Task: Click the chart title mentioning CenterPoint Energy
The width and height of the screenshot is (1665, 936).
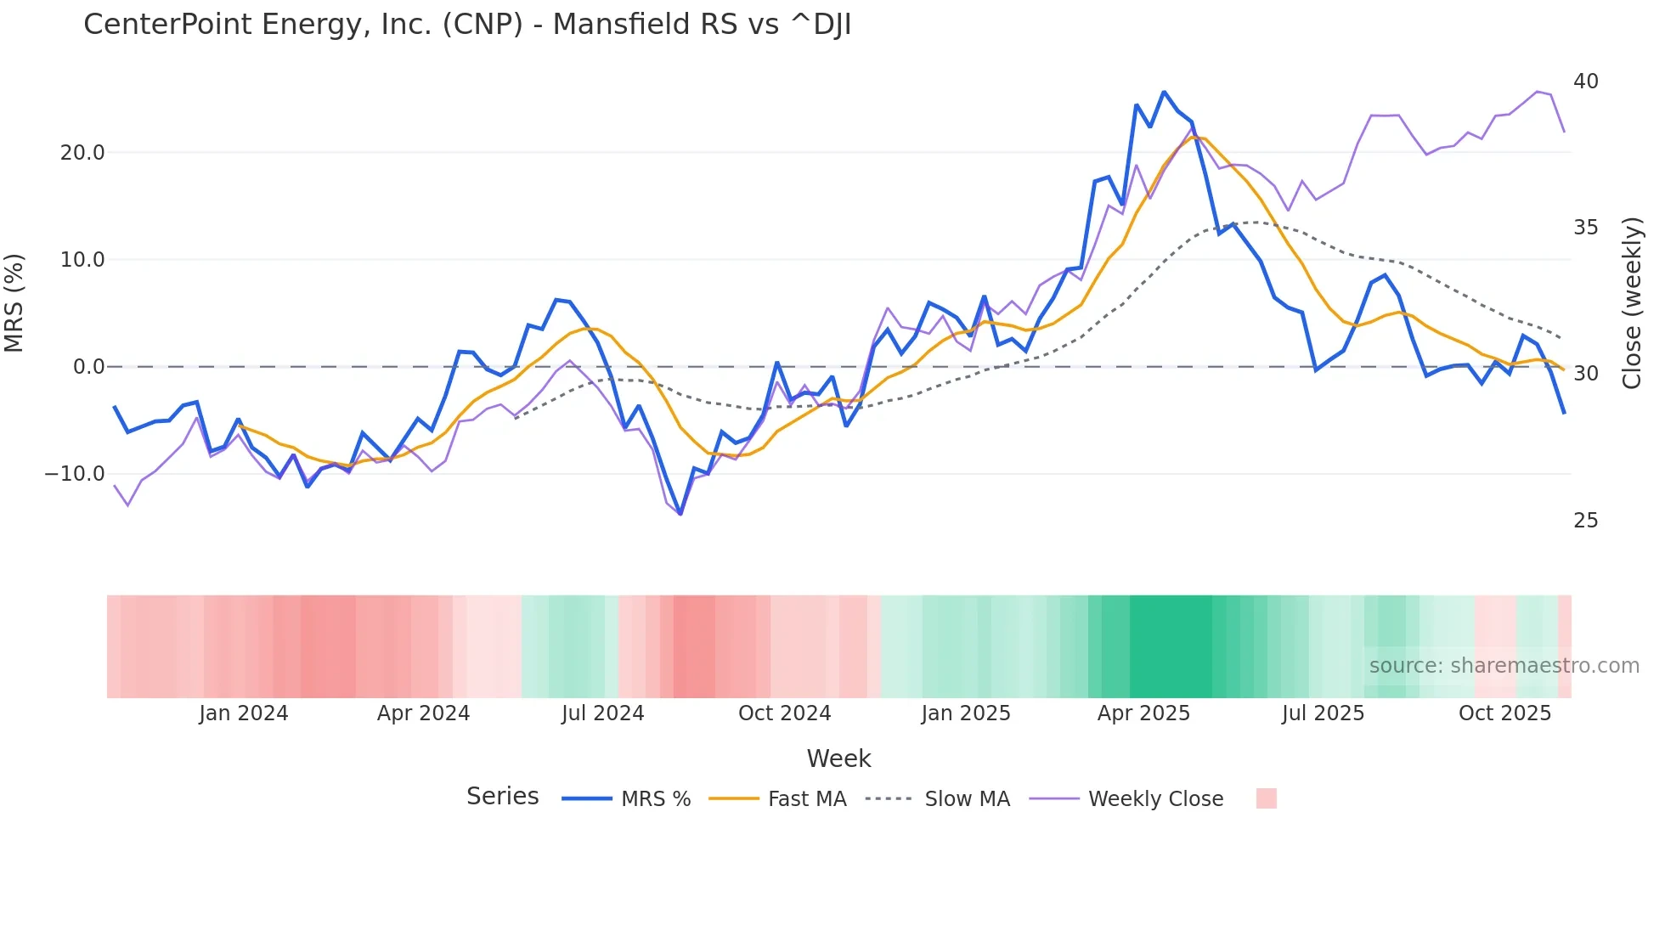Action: (x=467, y=25)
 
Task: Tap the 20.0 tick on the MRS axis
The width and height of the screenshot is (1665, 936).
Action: (x=82, y=153)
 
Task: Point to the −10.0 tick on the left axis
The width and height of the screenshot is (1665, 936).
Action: (x=75, y=474)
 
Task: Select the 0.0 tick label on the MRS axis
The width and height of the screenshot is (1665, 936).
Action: (x=88, y=367)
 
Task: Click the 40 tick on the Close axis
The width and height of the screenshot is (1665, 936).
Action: (x=1585, y=82)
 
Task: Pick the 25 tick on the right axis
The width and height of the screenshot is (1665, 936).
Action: (x=1585, y=521)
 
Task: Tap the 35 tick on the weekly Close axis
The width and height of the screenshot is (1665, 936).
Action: (x=1585, y=228)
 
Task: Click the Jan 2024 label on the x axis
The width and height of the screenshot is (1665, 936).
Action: (x=244, y=713)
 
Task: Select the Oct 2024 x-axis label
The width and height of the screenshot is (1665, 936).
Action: (x=784, y=713)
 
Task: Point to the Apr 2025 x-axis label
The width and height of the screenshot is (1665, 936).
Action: (x=1143, y=713)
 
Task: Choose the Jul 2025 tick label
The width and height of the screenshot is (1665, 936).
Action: (x=1323, y=713)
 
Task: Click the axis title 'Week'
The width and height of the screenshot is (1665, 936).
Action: (x=838, y=758)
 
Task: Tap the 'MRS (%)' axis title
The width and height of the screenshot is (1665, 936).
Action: (x=14, y=303)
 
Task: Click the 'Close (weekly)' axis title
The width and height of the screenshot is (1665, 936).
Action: (x=1631, y=303)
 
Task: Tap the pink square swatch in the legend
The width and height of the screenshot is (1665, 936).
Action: (x=1266, y=798)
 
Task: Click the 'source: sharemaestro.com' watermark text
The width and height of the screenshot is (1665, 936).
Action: (x=1504, y=666)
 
